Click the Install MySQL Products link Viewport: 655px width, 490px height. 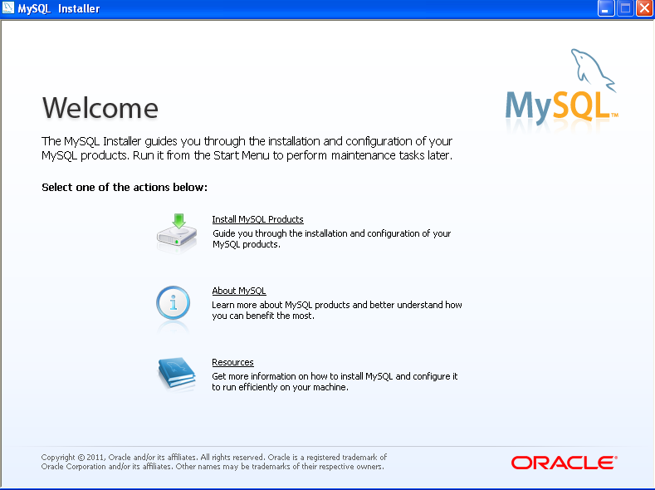pyautogui.click(x=257, y=219)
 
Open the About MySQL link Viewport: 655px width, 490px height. pyautogui.click(x=239, y=291)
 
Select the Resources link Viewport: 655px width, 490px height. pyautogui.click(x=232, y=362)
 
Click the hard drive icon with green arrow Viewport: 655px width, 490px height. pyautogui.click(x=177, y=233)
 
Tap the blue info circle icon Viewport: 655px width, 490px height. pyautogui.click(x=173, y=303)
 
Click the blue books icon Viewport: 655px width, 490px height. pyautogui.click(x=177, y=373)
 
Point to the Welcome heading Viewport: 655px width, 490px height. pyautogui.click(x=100, y=108)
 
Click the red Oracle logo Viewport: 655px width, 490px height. pyautogui.click(x=564, y=463)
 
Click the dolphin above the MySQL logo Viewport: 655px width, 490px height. pyautogui.click(x=593, y=69)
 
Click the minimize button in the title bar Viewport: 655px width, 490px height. pyautogui.click(x=606, y=8)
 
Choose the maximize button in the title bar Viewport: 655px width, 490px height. pyautogui.click(x=625, y=8)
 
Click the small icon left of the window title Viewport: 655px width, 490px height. pyautogui.click(x=8, y=8)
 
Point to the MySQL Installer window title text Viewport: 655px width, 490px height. pyautogui.click(x=58, y=9)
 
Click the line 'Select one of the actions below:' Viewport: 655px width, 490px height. pyautogui.click(x=125, y=187)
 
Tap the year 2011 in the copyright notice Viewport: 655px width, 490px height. pyautogui.click(x=95, y=458)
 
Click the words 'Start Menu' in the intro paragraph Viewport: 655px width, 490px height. pyautogui.click(x=242, y=155)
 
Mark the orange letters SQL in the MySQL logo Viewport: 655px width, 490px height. pyautogui.click(x=583, y=105)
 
